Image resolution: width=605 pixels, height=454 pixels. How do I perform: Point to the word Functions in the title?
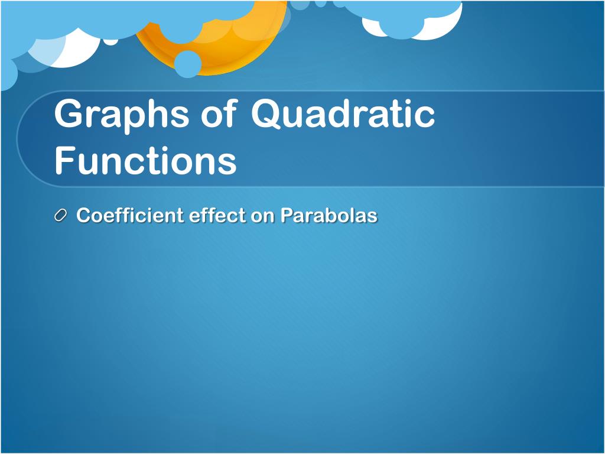(145, 160)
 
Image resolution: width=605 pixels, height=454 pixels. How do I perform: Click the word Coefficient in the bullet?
(129, 215)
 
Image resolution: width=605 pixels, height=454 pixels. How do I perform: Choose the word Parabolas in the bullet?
(328, 215)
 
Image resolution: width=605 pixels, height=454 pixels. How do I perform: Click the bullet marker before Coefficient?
(61, 215)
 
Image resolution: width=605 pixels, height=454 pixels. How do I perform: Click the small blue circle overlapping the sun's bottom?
(187, 64)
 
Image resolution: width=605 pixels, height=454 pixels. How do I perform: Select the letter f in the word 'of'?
(230, 112)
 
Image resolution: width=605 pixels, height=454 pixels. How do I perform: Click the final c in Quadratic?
(425, 117)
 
